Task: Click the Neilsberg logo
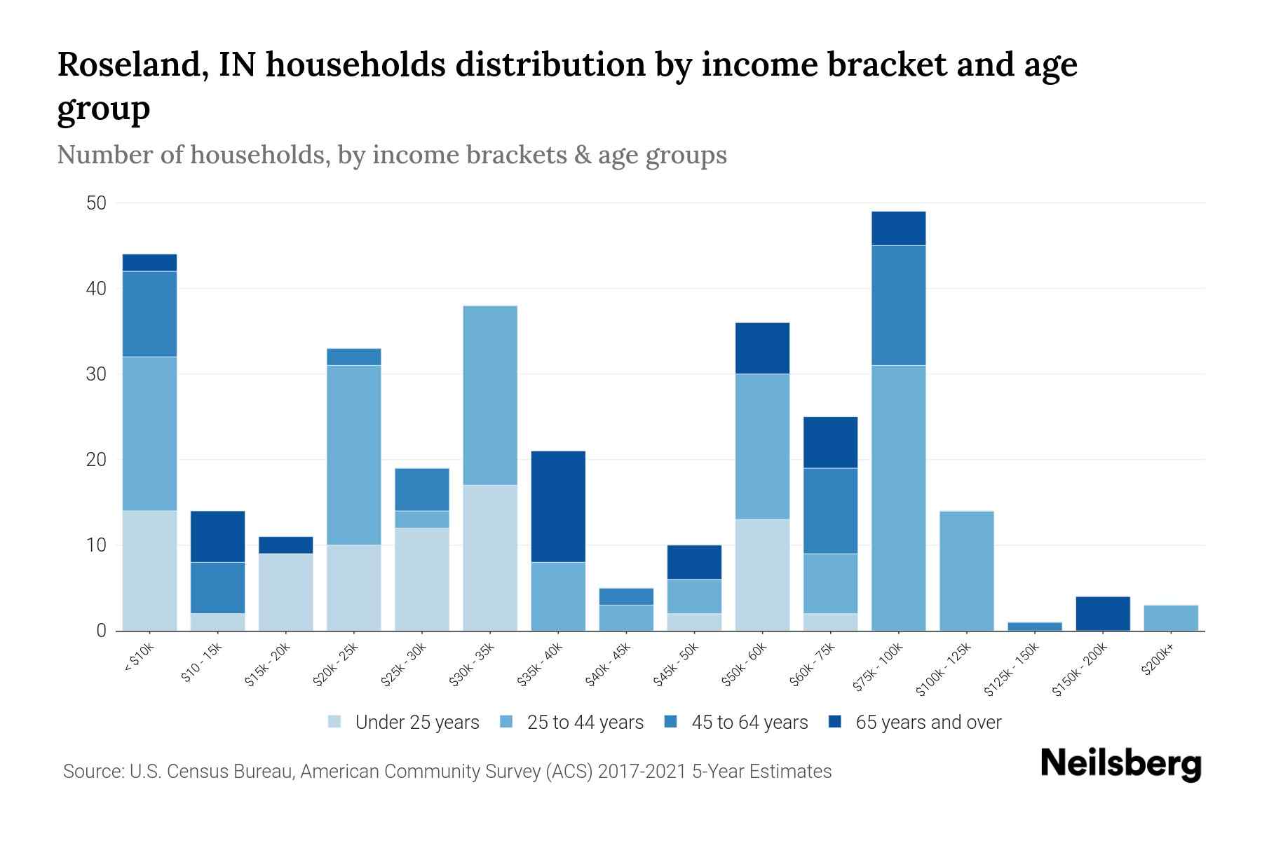[x=1120, y=764]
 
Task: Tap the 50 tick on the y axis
[x=96, y=203]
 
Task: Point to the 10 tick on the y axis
[x=96, y=545]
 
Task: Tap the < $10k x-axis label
[x=139, y=659]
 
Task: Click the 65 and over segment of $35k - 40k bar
[x=558, y=506]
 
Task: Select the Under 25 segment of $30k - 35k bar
[x=490, y=558]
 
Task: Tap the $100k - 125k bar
[x=967, y=571]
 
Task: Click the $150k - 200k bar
[x=1103, y=614]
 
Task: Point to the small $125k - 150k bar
[x=1035, y=627]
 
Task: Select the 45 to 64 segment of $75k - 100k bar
[x=899, y=305]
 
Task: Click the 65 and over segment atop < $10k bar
[x=149, y=262]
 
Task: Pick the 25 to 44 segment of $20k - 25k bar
[x=354, y=455]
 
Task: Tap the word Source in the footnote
[x=92, y=772]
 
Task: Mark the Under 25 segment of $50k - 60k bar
[x=762, y=575]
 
